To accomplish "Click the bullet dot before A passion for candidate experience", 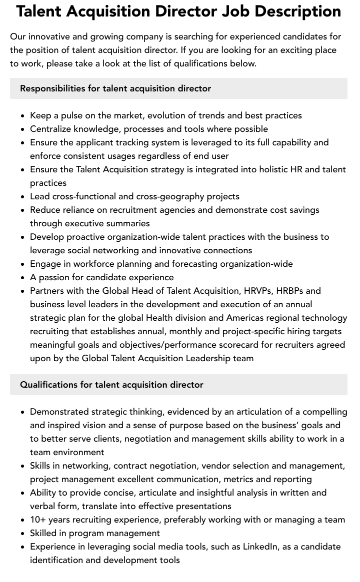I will (x=23, y=278).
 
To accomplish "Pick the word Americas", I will (x=246, y=318).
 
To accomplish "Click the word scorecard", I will (x=228, y=345).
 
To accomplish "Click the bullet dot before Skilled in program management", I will (x=23, y=534).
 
